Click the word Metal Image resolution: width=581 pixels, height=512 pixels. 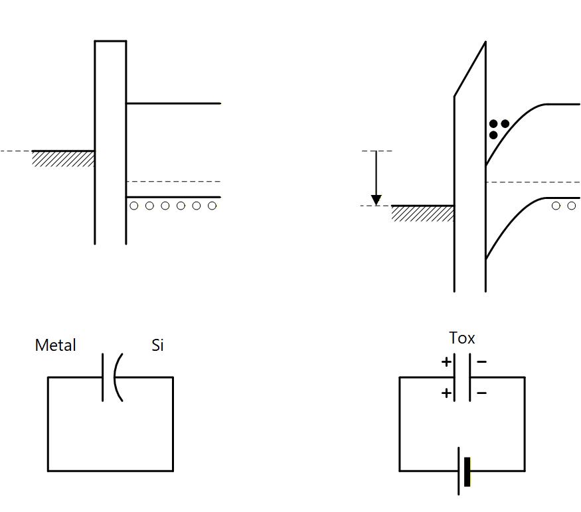[55, 346]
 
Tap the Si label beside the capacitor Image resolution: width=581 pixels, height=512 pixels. [157, 346]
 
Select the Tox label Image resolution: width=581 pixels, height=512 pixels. [462, 338]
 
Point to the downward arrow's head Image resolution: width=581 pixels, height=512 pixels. [376, 200]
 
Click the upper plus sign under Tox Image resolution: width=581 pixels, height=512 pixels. [446, 362]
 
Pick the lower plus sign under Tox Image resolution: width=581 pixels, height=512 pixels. [446, 393]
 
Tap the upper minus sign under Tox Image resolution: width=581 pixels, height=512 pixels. [481, 362]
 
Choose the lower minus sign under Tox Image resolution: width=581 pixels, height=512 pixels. [481, 393]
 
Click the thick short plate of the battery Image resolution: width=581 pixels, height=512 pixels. [467, 472]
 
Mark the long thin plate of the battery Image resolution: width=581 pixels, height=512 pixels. [459, 472]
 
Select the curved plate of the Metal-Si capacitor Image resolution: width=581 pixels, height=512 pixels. [117, 377]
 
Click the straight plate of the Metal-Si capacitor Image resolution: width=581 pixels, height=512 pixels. [103, 377]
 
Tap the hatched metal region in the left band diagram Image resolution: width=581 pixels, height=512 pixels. [63, 159]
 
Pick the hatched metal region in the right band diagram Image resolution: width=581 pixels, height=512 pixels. [422, 213]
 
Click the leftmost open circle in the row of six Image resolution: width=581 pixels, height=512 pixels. [134, 206]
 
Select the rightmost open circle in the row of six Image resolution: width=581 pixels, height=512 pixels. [212, 206]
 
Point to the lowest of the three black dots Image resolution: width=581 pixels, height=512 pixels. [493, 135]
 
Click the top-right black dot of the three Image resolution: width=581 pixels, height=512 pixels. [505, 124]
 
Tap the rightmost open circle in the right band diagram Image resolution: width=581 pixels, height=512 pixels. [572, 206]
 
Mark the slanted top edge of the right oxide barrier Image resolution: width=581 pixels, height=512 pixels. [470, 70]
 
